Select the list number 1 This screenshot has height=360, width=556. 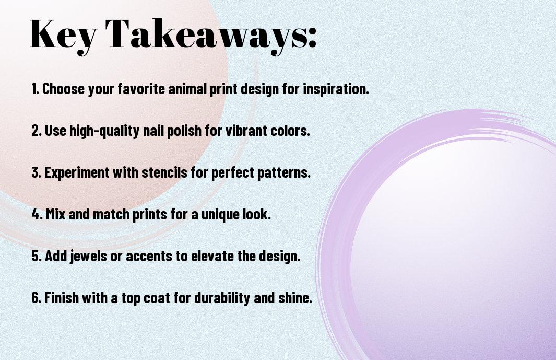(34, 89)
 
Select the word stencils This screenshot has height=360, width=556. (164, 172)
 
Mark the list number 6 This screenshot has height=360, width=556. (36, 297)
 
